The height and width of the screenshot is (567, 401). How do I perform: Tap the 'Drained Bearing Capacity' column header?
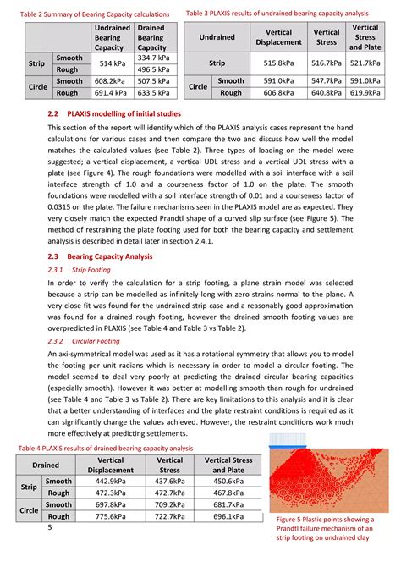click(152, 38)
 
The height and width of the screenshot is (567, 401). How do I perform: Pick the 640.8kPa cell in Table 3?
click(326, 92)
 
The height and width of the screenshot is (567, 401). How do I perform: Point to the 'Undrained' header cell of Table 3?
click(217, 37)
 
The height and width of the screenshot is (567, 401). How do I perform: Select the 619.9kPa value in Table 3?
click(365, 92)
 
